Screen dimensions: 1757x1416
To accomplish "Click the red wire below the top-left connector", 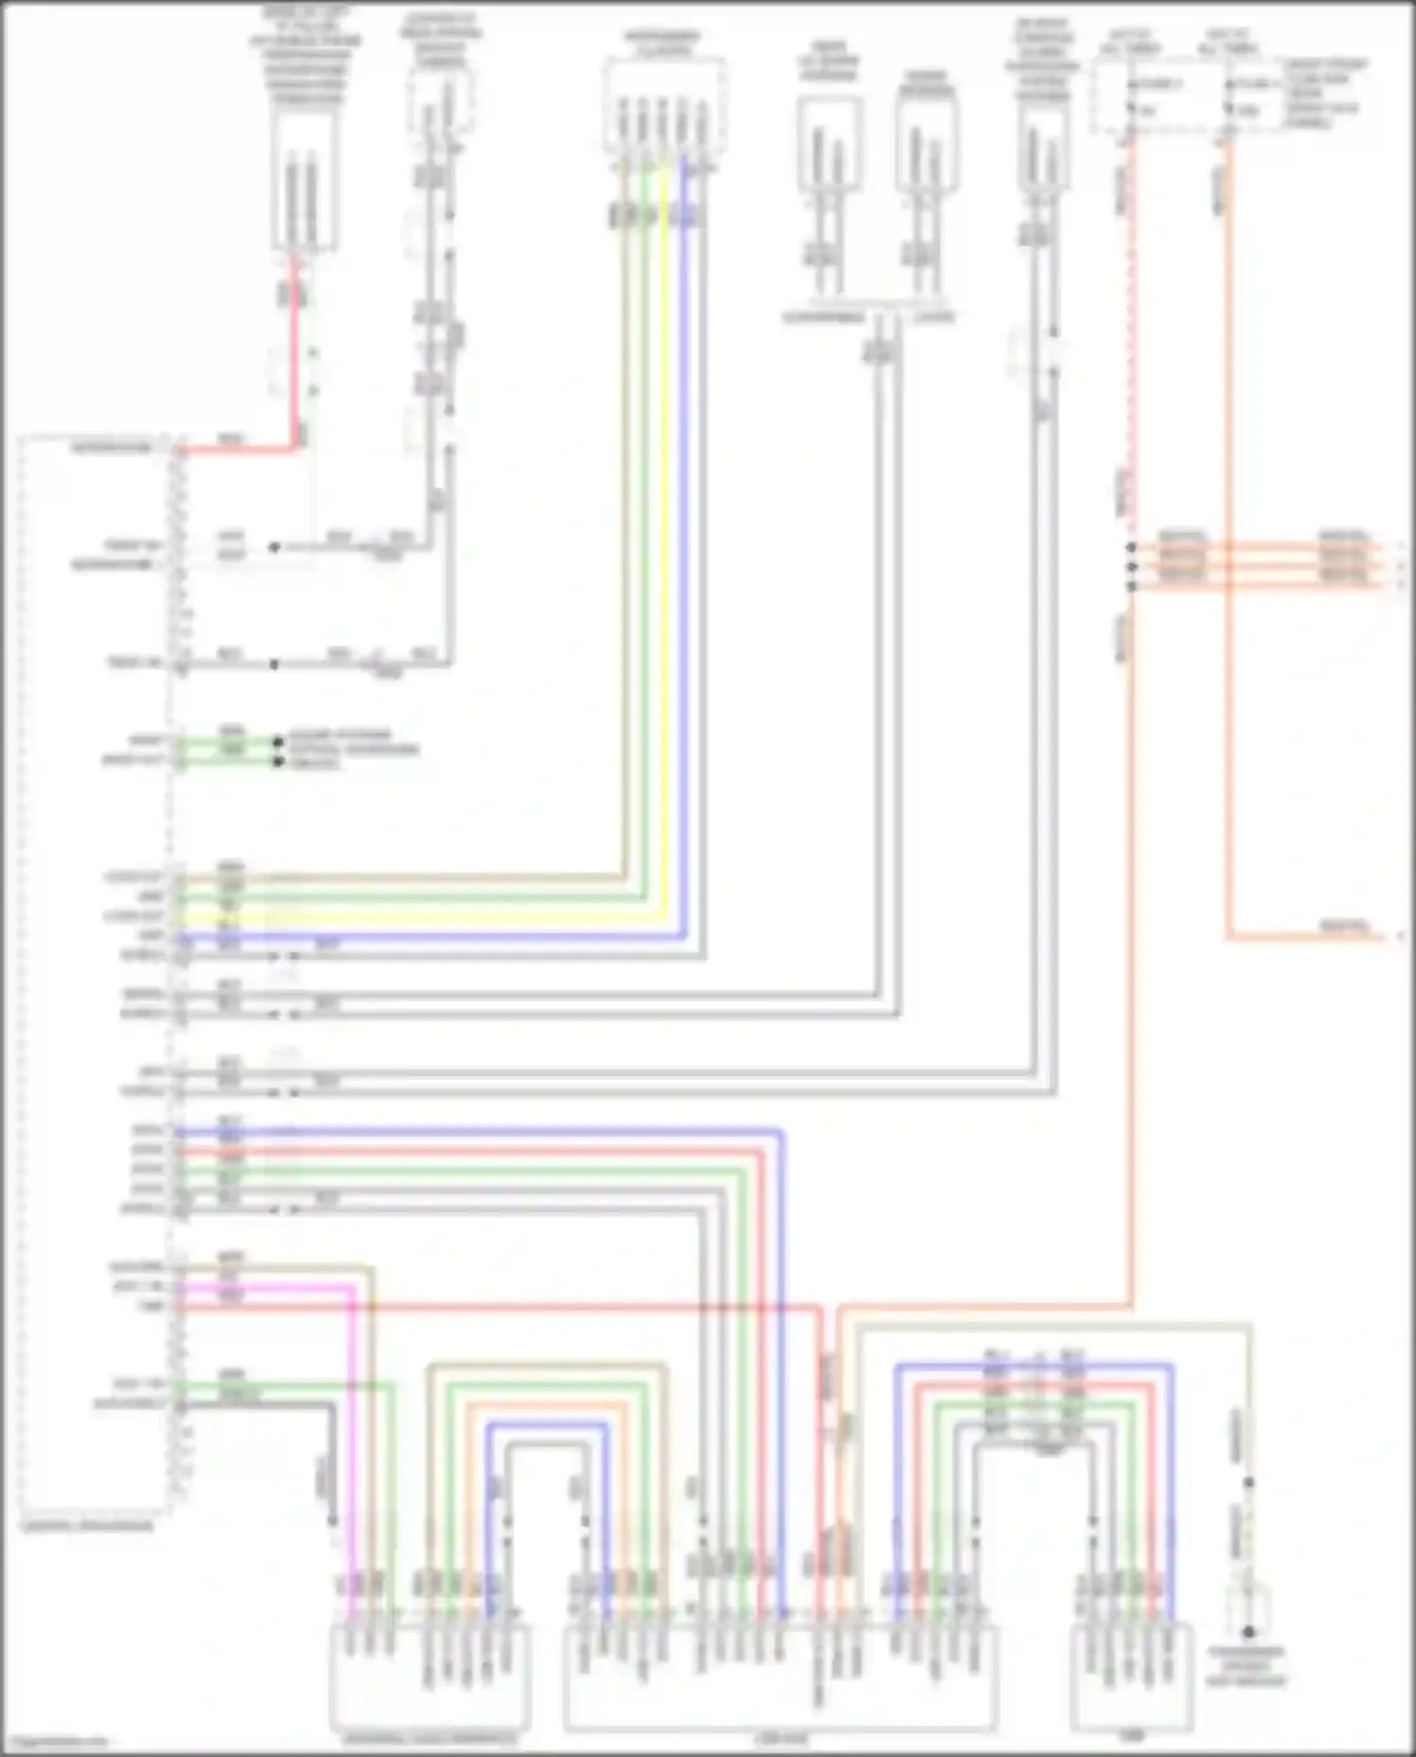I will click(295, 359).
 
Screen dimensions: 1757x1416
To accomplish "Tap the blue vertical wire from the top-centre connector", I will click(684, 566).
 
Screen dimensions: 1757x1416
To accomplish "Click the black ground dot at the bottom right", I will click(1248, 1631).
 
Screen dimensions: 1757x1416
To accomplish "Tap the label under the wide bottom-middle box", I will click(779, 1737).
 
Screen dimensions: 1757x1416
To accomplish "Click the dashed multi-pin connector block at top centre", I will click(664, 104).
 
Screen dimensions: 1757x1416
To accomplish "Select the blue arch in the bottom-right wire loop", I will click(1034, 1365).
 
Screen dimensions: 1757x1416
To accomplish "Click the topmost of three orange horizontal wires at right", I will click(1256, 546).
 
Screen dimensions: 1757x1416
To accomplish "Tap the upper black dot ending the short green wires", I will click(278, 742).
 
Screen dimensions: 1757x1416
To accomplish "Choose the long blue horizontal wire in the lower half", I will click(472, 1131).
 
